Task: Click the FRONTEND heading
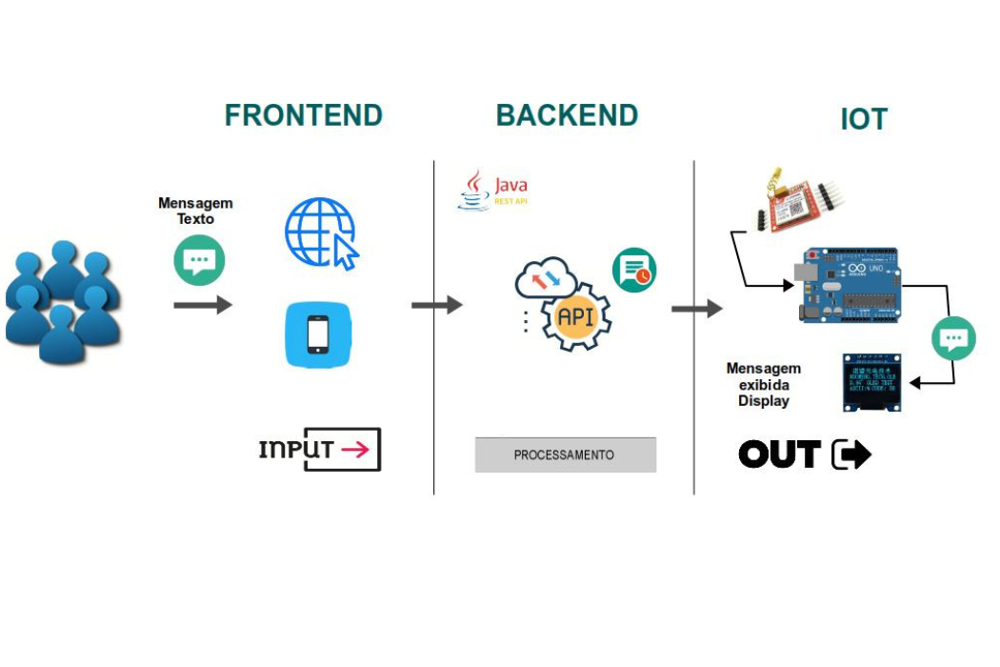pyautogui.click(x=303, y=115)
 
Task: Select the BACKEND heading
pyautogui.click(x=567, y=115)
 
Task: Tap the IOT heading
pyautogui.click(x=863, y=120)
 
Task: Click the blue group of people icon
pyautogui.click(x=63, y=302)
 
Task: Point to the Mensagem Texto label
pyautogui.click(x=195, y=211)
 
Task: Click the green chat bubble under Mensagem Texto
pyautogui.click(x=199, y=260)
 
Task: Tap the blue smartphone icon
pyautogui.click(x=319, y=334)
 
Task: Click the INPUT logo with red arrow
pyautogui.click(x=320, y=450)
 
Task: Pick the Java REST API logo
pyautogui.click(x=493, y=191)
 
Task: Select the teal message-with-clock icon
pyautogui.click(x=633, y=271)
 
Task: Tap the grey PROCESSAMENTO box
pyautogui.click(x=565, y=455)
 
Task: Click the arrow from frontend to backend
pyautogui.click(x=436, y=305)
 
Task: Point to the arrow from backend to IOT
pyautogui.click(x=696, y=309)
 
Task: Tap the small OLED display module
pyautogui.click(x=871, y=382)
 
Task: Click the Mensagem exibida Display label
pyautogui.click(x=763, y=384)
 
